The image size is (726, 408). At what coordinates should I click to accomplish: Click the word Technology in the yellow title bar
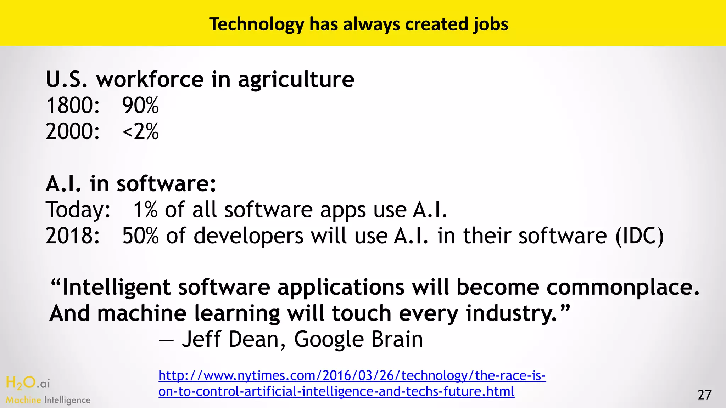pos(257,25)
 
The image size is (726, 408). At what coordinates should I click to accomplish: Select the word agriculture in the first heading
pos(296,80)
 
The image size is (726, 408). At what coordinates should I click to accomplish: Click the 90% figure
pos(140,106)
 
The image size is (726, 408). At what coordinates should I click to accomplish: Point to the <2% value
pos(140,132)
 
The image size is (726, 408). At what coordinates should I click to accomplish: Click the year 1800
pos(73,106)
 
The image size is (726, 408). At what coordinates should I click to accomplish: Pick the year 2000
pos(73,132)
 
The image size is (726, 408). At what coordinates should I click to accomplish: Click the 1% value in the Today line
pos(145,210)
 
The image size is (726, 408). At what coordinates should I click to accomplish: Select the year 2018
pos(73,236)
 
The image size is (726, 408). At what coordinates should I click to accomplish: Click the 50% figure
pos(140,236)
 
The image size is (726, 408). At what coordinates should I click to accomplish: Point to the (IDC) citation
pos(639,236)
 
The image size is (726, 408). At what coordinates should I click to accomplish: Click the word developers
pos(248,236)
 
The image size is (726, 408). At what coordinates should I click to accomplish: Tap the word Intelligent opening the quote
pos(117,287)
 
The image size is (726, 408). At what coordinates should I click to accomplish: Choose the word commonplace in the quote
pos(623,287)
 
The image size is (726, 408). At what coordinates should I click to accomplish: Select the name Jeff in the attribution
pos(201,339)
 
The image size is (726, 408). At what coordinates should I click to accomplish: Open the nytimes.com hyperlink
pos(352,384)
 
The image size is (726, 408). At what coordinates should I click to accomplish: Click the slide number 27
pos(704,395)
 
